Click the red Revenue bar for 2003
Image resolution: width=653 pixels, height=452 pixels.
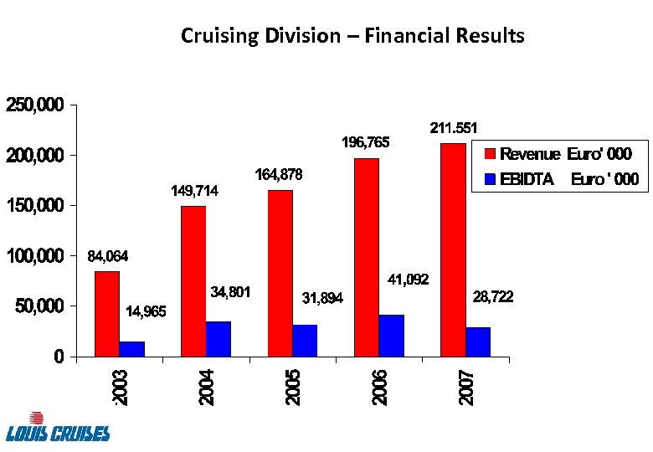106,314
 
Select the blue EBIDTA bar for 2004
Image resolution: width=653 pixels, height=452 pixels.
218,339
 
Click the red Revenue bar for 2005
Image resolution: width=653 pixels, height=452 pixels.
280,273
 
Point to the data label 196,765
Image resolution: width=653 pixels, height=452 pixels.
366,143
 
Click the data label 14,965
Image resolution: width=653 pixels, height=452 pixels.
146,312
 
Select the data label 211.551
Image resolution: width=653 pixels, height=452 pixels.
454,128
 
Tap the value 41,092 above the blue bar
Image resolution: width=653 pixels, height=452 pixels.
408,280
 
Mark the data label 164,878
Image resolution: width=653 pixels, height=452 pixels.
278,175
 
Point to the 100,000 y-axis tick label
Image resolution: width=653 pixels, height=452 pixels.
35,256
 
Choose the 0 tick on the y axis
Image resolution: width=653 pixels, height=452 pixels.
59,357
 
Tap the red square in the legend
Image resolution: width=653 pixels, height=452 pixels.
491,154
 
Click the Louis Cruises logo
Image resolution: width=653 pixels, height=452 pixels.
57,427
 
